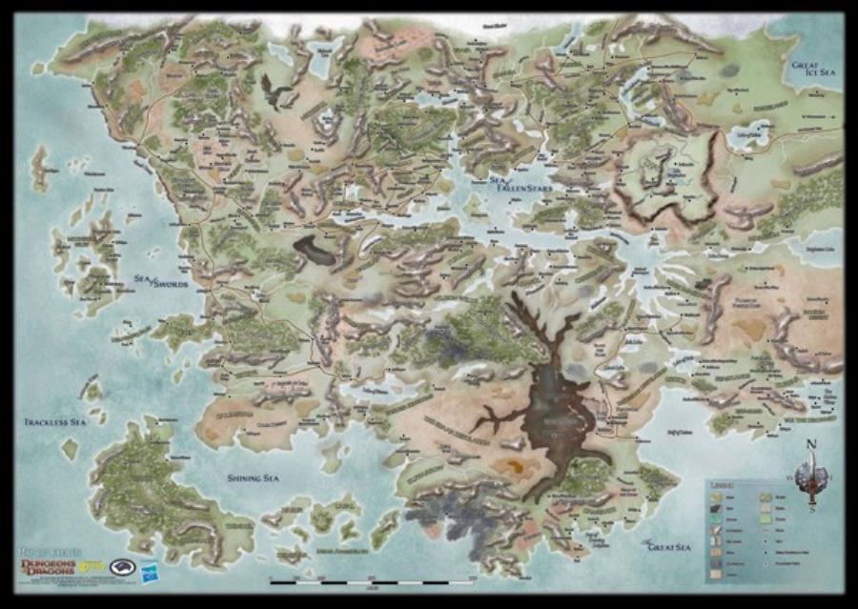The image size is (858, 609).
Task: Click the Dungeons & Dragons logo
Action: (x=51, y=568)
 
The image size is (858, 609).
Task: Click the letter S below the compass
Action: (x=811, y=508)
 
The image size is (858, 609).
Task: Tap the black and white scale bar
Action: (x=372, y=579)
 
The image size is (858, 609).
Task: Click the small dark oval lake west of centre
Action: (x=315, y=250)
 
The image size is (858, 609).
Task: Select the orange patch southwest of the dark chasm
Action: (x=516, y=466)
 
